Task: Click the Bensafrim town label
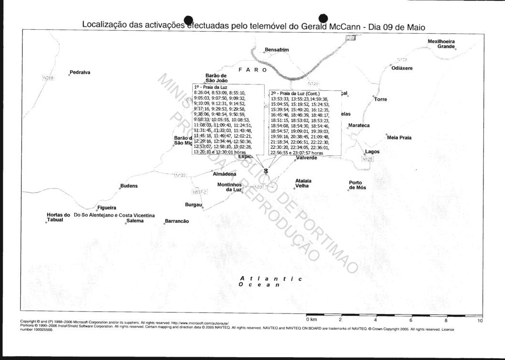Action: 277,49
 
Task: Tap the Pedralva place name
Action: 80,72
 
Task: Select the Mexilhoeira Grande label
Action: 441,44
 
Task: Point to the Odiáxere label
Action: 402,68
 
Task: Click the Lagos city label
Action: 372,152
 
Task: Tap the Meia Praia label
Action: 399,138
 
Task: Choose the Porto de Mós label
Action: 357,185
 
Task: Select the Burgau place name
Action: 193,205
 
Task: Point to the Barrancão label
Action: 177,221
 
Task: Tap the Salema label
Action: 135,221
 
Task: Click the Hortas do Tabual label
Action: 59,217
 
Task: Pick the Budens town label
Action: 129,186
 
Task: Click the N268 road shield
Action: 48,78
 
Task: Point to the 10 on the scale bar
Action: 480,320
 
